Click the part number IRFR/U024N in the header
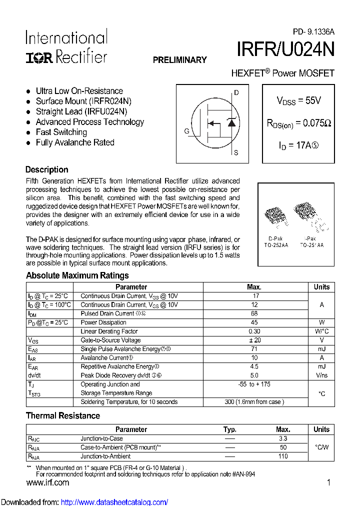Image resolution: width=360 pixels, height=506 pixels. point(285,50)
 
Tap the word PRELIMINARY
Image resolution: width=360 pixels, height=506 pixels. point(179,60)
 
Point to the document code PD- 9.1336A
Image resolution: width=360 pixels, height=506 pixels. point(313,31)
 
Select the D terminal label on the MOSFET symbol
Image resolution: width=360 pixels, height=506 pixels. point(236,93)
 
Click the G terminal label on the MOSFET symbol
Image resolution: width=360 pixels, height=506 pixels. point(186,131)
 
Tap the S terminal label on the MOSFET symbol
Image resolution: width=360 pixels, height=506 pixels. point(236,153)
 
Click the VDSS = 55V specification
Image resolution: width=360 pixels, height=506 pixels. point(298,100)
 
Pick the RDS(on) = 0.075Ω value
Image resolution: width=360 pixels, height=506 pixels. point(298,123)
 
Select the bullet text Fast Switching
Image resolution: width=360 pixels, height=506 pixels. point(61,132)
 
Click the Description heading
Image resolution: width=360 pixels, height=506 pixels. point(46,169)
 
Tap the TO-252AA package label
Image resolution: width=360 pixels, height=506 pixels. point(276,245)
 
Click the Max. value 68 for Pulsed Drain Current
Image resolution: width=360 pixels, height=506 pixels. point(254,313)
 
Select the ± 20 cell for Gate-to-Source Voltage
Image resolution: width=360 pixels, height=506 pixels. point(254,340)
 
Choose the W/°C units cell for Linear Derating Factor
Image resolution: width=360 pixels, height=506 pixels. point(321,331)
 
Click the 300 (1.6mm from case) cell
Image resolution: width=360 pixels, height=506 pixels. point(254,402)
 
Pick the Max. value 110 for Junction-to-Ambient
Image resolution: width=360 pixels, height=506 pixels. point(283,456)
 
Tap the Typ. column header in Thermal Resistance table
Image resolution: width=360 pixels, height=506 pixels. point(229,429)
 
